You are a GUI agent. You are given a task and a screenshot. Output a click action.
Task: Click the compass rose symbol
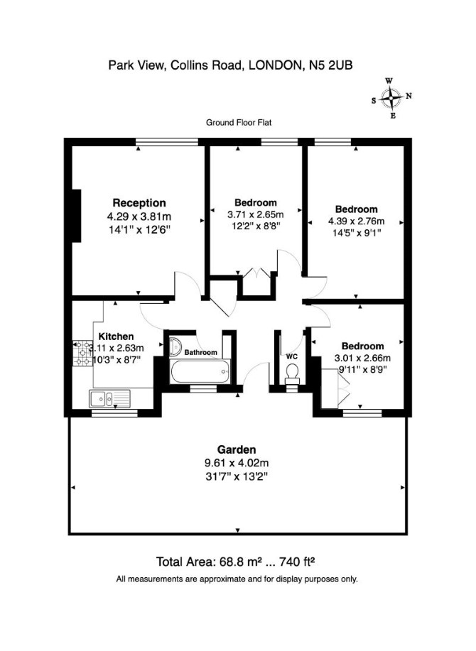(391, 98)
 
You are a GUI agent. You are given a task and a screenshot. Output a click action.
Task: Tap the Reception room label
(139, 203)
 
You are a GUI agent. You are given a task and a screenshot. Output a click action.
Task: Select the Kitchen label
(116, 337)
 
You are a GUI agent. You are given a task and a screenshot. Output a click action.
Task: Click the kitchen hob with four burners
(82, 354)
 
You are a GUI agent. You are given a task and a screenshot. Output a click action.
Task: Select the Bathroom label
(200, 353)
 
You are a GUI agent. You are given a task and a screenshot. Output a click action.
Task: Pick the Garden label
(237, 449)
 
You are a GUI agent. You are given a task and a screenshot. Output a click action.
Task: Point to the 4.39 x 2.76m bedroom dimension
(357, 221)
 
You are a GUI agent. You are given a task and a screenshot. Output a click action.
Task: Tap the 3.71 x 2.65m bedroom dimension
(256, 214)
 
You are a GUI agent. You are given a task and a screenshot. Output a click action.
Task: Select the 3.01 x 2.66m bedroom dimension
(362, 358)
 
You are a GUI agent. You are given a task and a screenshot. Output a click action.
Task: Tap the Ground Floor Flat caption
(239, 123)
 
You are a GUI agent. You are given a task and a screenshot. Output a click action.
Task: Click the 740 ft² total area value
(297, 562)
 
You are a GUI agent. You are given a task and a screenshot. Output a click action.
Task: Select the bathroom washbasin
(175, 346)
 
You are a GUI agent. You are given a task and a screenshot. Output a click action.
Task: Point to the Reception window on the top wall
(167, 142)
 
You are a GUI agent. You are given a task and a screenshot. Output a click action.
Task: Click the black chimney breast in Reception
(77, 216)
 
